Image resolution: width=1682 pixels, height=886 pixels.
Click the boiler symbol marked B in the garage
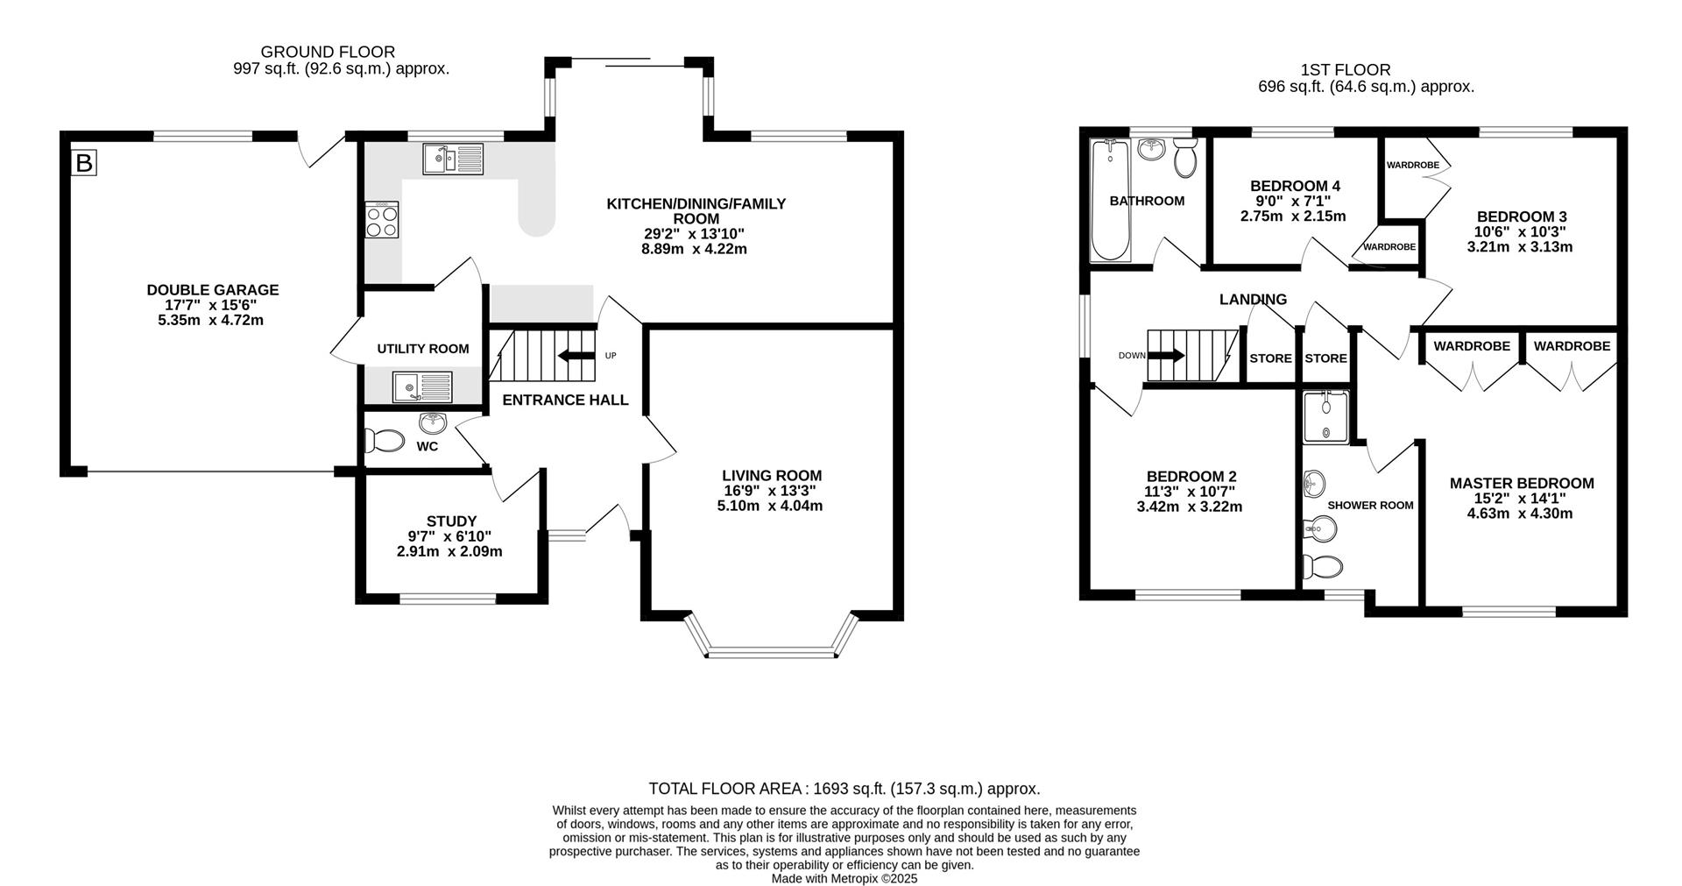point(84,162)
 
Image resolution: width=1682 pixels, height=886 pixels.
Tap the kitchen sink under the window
point(452,159)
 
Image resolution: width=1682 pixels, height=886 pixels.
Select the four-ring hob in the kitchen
point(382,219)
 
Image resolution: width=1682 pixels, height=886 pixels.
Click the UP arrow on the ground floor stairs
point(575,355)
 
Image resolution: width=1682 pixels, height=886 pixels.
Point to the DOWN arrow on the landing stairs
point(1166,355)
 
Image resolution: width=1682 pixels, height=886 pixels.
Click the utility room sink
point(422,386)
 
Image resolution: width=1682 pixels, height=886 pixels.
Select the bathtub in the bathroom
point(1111,201)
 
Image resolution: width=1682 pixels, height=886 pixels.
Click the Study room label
point(451,521)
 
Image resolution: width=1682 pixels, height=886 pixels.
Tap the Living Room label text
point(772,476)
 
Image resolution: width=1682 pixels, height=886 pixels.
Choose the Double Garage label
point(213,290)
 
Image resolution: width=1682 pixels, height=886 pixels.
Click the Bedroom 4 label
point(1295,186)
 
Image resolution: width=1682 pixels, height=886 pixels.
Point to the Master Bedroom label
point(1522,483)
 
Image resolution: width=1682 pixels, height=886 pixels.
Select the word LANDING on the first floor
point(1253,300)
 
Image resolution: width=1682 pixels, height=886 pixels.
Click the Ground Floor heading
point(328,53)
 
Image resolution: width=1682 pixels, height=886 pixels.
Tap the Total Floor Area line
point(844,789)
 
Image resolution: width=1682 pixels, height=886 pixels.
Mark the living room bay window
point(771,635)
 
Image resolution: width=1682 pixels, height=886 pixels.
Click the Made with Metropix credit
point(845,877)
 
